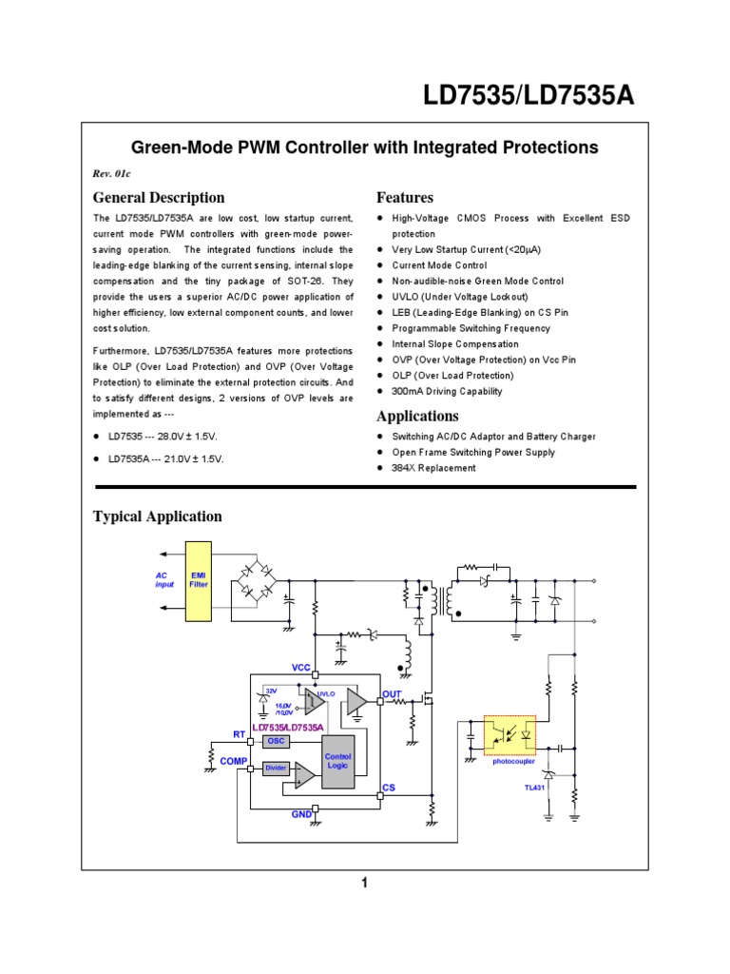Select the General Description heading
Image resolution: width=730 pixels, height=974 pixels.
click(159, 198)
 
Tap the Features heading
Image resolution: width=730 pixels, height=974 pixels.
click(405, 198)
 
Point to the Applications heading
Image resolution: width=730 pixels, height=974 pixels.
click(417, 417)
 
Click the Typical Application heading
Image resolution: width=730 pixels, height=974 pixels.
click(157, 516)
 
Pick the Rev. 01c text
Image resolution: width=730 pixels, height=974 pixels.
click(110, 174)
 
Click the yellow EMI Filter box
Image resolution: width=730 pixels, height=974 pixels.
click(200, 580)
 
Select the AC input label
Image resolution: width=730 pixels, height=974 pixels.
click(165, 580)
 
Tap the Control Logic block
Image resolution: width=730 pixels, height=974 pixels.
click(338, 761)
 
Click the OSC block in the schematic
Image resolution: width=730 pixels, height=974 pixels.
click(276, 741)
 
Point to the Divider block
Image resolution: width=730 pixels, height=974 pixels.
click(276, 768)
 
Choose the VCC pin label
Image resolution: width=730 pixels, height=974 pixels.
click(301, 668)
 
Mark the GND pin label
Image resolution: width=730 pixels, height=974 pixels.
click(301, 816)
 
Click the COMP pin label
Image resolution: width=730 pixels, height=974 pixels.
click(233, 762)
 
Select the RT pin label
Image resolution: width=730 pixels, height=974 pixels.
click(240, 733)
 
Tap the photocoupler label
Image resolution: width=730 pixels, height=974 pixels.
click(511, 762)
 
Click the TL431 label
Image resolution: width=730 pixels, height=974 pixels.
click(536, 788)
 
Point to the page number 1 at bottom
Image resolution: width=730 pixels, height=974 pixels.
click(364, 884)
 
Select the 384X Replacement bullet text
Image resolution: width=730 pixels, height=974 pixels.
click(433, 468)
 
